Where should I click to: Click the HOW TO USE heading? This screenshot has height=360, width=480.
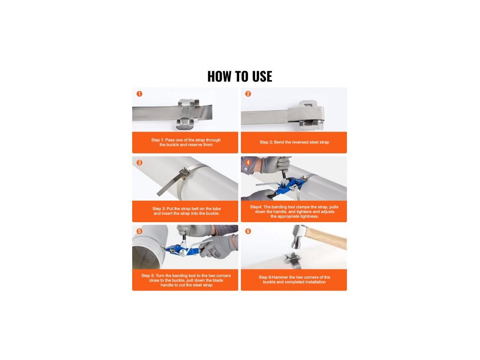pyautogui.click(x=240, y=76)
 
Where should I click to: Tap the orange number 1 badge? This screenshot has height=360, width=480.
pyautogui.click(x=139, y=94)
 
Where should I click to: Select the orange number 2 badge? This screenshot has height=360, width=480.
pyautogui.click(x=248, y=94)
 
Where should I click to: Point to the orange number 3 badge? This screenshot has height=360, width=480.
pyautogui.click(x=139, y=163)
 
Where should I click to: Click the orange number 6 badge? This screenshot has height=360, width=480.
pyautogui.click(x=248, y=231)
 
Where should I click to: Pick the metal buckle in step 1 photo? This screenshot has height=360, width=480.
pyautogui.click(x=187, y=114)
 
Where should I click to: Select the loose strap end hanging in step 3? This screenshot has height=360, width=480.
pyautogui.click(x=170, y=185)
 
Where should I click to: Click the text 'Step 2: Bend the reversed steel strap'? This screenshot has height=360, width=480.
pyautogui.click(x=294, y=142)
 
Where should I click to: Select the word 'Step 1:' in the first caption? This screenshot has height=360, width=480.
pyautogui.click(x=157, y=140)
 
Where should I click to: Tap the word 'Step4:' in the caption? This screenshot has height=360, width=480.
pyautogui.click(x=256, y=207)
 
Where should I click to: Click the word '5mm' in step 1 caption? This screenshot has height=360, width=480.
pyautogui.click(x=208, y=144)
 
